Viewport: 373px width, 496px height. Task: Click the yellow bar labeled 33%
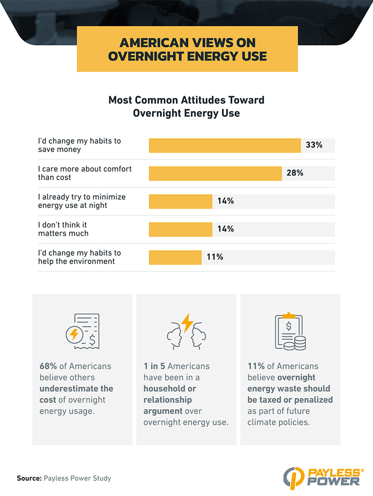(225, 145)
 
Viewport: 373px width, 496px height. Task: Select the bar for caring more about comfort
(215, 173)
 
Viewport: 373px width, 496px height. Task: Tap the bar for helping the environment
(175, 257)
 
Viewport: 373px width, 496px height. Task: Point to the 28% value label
(295, 173)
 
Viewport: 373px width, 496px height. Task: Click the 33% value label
(314, 145)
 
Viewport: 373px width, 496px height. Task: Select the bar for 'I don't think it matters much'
(180, 229)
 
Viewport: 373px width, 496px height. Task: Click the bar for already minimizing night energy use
(180, 201)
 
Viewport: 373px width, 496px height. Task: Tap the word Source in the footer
(29, 478)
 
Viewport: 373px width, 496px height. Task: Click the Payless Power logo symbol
(293, 476)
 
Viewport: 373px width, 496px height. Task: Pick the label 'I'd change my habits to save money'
(79, 145)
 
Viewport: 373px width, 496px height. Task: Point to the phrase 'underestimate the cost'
(76, 394)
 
